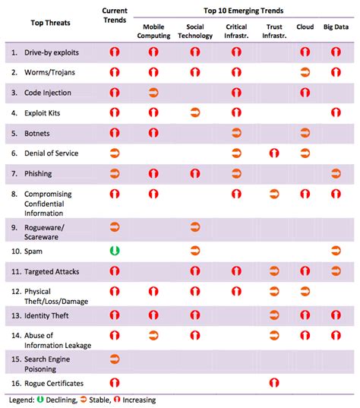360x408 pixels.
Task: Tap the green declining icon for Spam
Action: pos(115,250)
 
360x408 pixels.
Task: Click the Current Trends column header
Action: pos(115,17)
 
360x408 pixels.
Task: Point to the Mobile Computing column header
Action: pos(153,31)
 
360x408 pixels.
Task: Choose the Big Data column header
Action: pos(336,27)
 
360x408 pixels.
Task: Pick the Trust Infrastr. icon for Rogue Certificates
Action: pos(273,383)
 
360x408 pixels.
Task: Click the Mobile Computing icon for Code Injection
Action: pos(153,92)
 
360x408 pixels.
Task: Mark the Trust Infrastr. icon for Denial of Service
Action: pos(273,153)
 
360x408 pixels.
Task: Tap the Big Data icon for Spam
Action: pos(336,250)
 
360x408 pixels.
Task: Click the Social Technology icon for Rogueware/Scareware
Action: pos(194,226)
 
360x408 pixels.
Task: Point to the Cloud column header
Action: pos(305,27)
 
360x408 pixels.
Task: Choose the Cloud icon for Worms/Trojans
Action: pos(305,72)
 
